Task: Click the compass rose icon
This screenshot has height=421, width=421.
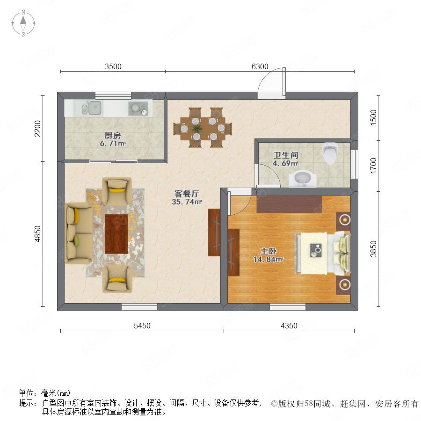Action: click(23, 23)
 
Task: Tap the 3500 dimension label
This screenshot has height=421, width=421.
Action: click(113, 66)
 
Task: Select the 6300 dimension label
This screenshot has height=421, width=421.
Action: click(260, 66)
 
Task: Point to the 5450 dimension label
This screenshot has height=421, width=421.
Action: click(142, 326)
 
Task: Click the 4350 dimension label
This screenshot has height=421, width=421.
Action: click(289, 326)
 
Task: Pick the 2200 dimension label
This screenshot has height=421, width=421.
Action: click(37, 129)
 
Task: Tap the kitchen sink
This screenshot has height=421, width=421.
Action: click(92, 108)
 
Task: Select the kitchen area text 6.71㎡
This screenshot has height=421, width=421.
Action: click(113, 144)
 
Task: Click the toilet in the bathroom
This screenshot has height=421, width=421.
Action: click(330, 153)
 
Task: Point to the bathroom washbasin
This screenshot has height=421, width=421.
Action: click(303, 179)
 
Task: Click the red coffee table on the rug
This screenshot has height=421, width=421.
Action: click(116, 234)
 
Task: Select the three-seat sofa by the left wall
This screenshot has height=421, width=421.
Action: click(79, 233)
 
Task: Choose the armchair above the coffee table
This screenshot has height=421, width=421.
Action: click(117, 191)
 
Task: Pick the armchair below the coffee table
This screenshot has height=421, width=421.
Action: click(117, 279)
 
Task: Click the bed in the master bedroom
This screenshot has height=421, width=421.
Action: click(323, 253)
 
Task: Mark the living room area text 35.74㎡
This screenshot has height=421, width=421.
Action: click(187, 202)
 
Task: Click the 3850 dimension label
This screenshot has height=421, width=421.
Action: click(373, 249)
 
